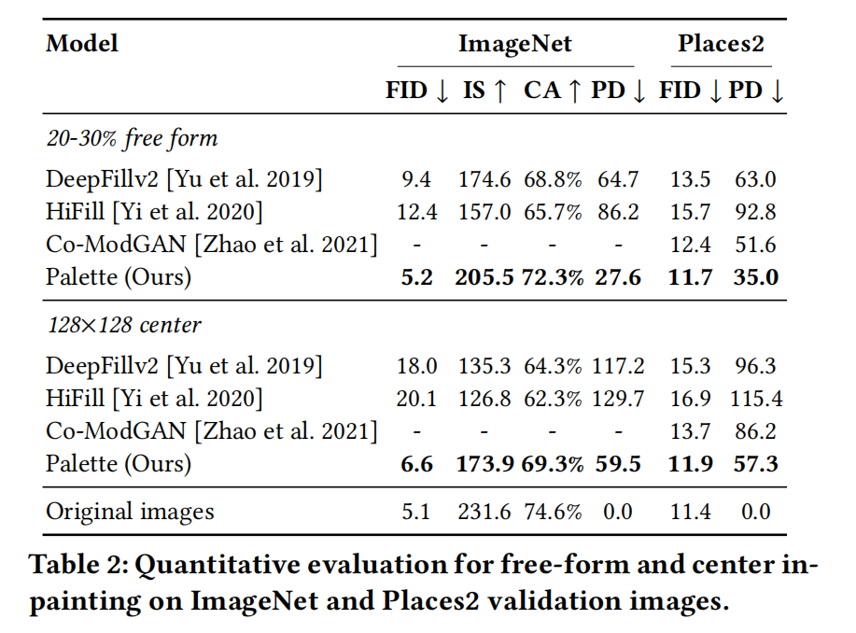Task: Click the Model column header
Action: click(x=82, y=43)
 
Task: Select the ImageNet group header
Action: click(x=514, y=43)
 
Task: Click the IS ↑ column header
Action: click(x=485, y=91)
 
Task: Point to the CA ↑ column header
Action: click(x=552, y=91)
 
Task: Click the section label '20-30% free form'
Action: click(x=132, y=138)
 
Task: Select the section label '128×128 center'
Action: click(x=124, y=325)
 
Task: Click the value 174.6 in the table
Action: click(x=484, y=179)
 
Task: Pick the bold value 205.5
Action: click(x=484, y=276)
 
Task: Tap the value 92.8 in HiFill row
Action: click(x=755, y=212)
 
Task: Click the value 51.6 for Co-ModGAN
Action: click(x=755, y=245)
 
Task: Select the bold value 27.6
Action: click(x=616, y=276)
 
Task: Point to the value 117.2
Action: click(x=617, y=366)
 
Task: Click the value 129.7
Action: click(x=617, y=399)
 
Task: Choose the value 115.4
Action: click(x=755, y=399)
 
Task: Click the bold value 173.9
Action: click(x=484, y=463)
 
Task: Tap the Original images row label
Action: click(x=130, y=511)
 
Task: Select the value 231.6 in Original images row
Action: click(x=484, y=511)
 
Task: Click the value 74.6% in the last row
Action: click(x=552, y=511)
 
